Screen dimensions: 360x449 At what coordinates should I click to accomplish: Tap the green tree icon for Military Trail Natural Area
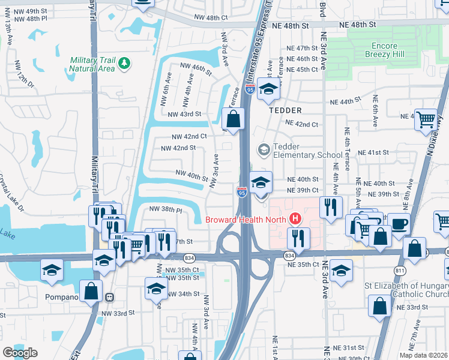click(x=124, y=63)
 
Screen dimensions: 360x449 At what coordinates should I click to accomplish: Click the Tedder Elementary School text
click(x=307, y=151)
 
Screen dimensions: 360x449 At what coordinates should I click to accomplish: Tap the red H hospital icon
click(x=295, y=219)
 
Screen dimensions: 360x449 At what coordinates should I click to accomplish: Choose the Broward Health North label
click(x=246, y=219)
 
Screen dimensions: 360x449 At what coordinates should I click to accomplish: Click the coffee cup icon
click(x=399, y=224)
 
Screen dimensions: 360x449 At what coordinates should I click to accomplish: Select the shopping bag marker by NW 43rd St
click(x=234, y=119)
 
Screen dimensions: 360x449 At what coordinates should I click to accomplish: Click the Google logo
click(x=20, y=353)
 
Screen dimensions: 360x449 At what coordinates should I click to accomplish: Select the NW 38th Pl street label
click(x=164, y=210)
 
